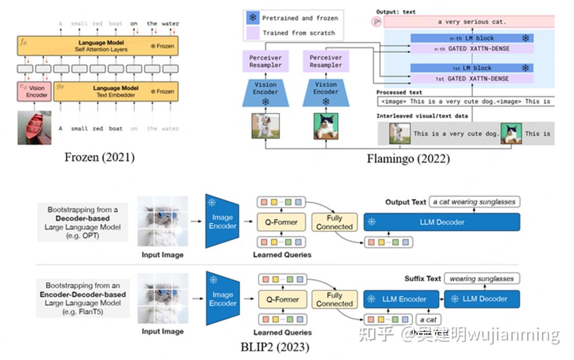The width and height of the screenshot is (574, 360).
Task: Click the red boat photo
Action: coord(34,127)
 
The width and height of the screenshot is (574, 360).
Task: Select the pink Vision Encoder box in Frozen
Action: coord(34,91)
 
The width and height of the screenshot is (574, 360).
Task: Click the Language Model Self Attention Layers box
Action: coord(97,46)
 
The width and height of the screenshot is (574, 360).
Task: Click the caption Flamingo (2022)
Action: coord(408,159)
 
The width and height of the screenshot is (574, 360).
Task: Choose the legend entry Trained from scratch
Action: coord(298,33)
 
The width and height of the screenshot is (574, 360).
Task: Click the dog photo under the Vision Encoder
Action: coord(265,126)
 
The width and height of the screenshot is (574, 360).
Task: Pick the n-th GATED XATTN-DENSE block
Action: coord(471,49)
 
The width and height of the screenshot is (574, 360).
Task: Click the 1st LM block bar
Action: coord(471,68)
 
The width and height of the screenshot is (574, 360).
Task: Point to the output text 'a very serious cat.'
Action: coord(471,22)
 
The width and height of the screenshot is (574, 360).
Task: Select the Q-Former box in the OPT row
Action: coord(282,222)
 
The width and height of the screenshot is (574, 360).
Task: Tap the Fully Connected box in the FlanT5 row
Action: coord(334,299)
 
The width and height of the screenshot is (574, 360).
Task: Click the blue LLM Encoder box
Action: coord(402,299)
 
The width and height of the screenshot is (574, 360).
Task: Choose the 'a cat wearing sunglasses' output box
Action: coord(475,202)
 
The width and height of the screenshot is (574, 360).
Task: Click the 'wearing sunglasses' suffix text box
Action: coord(481,278)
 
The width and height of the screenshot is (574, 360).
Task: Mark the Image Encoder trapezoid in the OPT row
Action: coord(221,222)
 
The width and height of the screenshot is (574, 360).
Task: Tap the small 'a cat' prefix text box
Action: coord(429,320)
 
